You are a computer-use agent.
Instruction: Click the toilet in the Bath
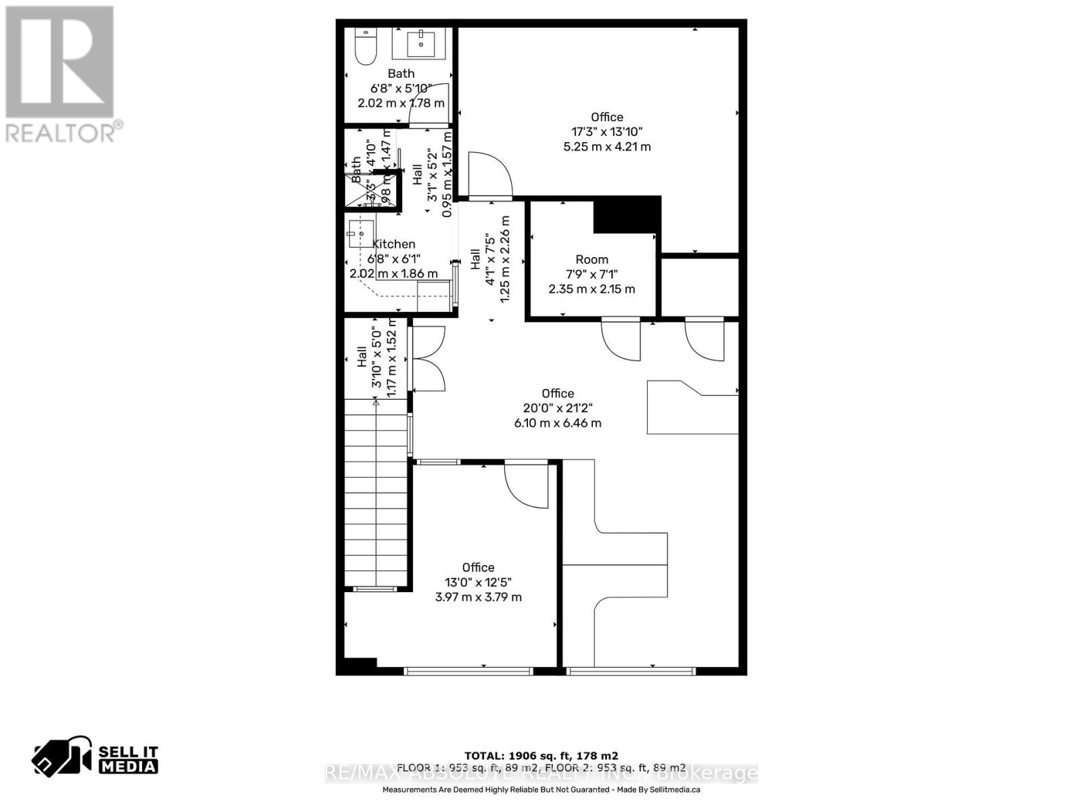click(x=366, y=47)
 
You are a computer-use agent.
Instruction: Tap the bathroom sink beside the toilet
click(x=421, y=43)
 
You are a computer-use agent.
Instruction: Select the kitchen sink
click(x=361, y=234)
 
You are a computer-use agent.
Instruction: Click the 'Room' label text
click(x=592, y=259)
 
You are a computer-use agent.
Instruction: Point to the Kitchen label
click(x=394, y=244)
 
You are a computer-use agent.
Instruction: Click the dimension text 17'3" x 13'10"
click(x=606, y=132)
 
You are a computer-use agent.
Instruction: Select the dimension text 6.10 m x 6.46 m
click(x=558, y=423)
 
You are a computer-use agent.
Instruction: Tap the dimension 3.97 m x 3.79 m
click(x=478, y=597)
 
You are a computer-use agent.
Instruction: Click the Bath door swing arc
click(x=430, y=105)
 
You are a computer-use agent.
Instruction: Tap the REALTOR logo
click(x=61, y=74)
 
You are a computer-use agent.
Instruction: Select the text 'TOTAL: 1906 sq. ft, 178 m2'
click(x=541, y=756)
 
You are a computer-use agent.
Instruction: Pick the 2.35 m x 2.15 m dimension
click(x=592, y=289)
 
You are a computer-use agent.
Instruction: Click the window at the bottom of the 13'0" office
click(x=468, y=671)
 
